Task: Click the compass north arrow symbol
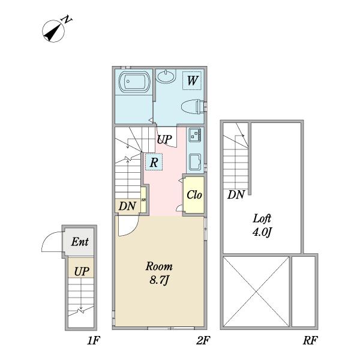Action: click(53, 31)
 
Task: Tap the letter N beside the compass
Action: click(67, 20)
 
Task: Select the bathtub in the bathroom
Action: click(134, 82)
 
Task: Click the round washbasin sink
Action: click(166, 76)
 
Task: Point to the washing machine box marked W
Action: click(192, 80)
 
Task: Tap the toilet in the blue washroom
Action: click(193, 107)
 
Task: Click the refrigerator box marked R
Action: click(154, 162)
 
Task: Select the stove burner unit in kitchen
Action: click(195, 135)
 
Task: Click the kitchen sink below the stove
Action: click(195, 162)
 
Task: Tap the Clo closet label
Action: click(194, 195)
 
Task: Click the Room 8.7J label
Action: click(159, 273)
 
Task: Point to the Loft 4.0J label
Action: click(262, 225)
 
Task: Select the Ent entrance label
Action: click(80, 242)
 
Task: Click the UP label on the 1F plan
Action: click(82, 271)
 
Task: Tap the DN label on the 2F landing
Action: click(127, 206)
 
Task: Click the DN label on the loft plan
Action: click(236, 194)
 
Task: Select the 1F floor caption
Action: click(94, 340)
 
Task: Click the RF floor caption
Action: click(310, 340)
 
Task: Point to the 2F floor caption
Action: click(203, 340)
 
